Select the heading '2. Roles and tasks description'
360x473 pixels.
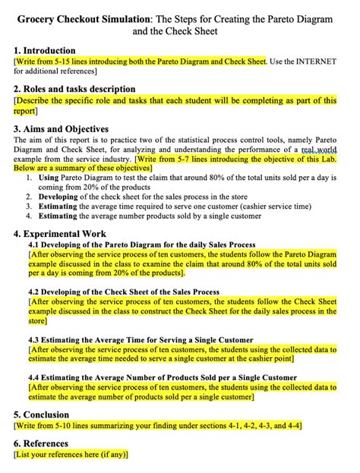tap(74, 89)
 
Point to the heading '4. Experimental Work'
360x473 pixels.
tap(60, 234)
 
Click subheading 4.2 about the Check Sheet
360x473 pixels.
tap(124, 292)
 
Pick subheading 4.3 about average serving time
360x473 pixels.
tap(141, 339)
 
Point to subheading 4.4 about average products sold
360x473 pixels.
tap(152, 377)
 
